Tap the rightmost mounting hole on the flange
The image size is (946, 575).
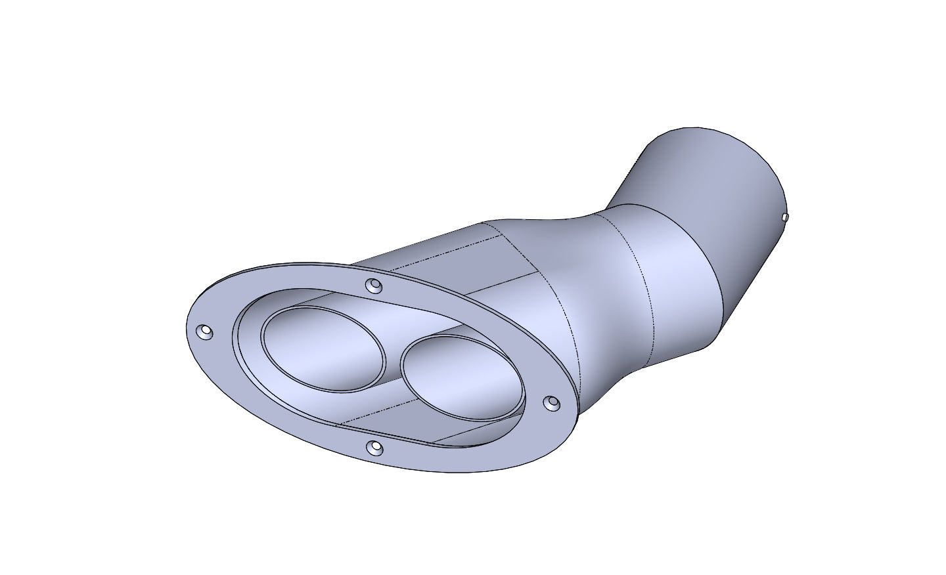click(x=553, y=401)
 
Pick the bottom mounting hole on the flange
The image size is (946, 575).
click(x=374, y=448)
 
